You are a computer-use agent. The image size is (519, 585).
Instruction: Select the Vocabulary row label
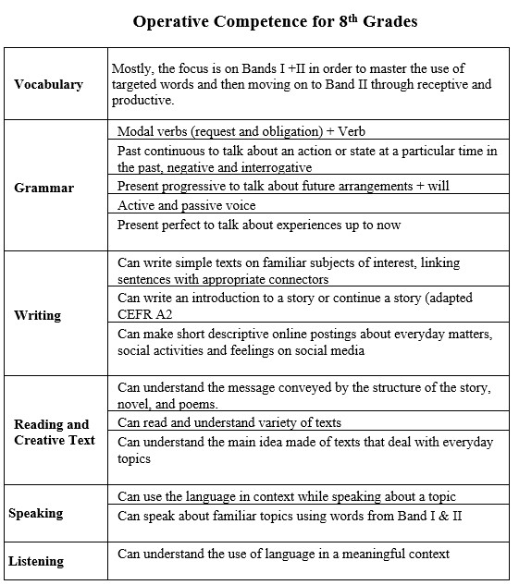coord(48,84)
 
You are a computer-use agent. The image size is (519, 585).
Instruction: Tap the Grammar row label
coord(43,188)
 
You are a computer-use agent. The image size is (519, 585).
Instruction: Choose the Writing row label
coord(37,315)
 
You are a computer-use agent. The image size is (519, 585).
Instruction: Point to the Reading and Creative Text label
coord(55,432)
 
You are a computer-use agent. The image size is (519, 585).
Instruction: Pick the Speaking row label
coord(35,513)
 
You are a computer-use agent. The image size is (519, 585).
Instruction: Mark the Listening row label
coord(36,561)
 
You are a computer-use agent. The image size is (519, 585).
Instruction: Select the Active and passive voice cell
coord(186,205)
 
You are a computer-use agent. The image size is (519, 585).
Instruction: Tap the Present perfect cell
coord(258,225)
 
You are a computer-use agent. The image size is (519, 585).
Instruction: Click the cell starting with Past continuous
coord(306,158)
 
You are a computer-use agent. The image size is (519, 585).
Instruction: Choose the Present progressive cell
coord(283,186)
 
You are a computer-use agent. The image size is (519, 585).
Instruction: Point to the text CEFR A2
coord(143,315)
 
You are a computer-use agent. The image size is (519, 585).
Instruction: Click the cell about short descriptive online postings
coord(305,342)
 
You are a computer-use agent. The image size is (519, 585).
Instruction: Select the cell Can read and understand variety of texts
coord(229,422)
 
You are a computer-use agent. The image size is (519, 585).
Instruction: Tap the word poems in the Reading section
coord(196,404)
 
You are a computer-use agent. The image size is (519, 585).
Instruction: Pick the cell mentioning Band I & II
coord(289,516)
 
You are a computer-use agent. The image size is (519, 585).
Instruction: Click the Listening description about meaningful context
coord(283,554)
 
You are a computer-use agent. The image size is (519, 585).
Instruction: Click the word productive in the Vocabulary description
coord(142,101)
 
